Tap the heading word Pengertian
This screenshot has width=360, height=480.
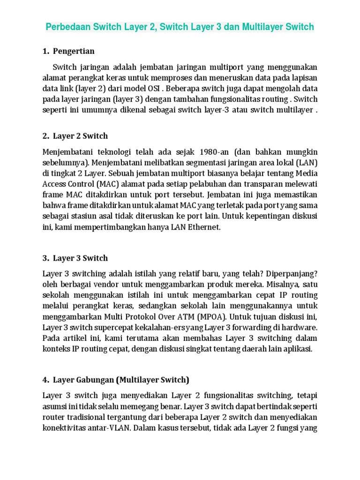(74, 51)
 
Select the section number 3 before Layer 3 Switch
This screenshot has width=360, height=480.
(45, 258)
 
